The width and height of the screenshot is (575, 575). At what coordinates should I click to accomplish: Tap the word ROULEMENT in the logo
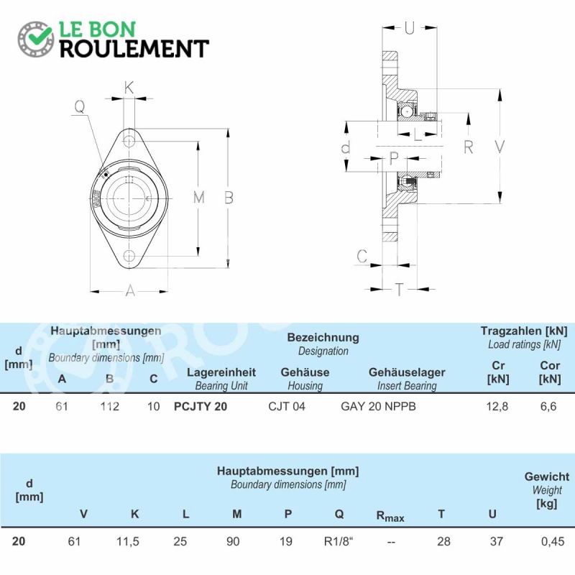point(134,49)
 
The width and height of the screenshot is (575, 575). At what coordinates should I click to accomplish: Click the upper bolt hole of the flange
point(129,141)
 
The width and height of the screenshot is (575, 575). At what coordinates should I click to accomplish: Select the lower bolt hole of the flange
point(129,256)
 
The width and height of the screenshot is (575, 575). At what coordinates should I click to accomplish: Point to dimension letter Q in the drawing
point(80,106)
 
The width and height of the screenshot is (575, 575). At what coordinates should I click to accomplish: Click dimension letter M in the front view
point(199,198)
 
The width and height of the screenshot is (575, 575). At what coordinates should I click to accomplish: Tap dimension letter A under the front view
point(130,291)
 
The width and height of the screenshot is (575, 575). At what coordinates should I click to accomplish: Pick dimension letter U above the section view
point(410,28)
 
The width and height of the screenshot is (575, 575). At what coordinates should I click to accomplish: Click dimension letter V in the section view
point(500,147)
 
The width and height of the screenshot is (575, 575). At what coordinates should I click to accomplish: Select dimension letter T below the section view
point(399,290)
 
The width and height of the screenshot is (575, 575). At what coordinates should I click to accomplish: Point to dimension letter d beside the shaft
point(346,147)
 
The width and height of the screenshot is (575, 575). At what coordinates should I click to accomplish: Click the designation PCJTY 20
point(201,406)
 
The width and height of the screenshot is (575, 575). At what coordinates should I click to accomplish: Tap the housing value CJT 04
point(286,406)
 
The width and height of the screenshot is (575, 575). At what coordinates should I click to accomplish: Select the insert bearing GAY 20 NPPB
point(378,406)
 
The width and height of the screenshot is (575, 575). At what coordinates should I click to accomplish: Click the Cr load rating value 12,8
point(497,406)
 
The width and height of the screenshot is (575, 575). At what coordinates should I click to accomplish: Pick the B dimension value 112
point(110,406)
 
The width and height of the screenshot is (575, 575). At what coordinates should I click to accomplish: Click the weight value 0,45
point(553,541)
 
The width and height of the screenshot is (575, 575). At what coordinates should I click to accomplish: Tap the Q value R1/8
point(338,541)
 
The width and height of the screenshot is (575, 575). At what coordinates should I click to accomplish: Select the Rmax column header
point(390,516)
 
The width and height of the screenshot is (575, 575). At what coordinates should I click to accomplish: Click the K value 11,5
point(128,541)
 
